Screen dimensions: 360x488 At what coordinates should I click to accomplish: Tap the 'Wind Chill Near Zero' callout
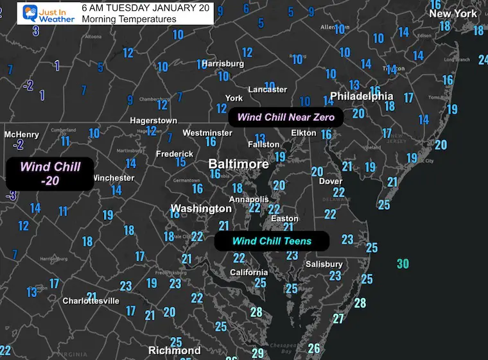286,117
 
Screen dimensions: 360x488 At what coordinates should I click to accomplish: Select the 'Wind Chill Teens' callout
272,241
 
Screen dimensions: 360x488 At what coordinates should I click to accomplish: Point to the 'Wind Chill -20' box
50,173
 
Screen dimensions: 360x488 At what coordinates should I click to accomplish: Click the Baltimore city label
239,164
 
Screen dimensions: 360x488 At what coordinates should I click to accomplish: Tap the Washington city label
200,209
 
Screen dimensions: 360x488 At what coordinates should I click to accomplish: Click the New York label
453,13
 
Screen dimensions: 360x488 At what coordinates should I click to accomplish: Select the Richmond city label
174,350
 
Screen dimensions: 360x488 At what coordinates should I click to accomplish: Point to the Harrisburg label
223,64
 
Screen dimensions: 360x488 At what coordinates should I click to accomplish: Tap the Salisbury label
324,264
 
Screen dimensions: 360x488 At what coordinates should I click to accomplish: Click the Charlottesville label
91,300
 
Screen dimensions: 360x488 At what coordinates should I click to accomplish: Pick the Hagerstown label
153,121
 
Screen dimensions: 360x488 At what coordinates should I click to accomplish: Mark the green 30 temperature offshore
403,264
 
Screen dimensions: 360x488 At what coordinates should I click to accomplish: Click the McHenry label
21,135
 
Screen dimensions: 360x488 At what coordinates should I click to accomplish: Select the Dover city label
331,182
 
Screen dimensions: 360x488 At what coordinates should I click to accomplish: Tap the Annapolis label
249,200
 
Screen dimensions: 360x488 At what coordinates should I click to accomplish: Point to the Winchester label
113,178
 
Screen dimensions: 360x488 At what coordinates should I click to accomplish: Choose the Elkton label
303,133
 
